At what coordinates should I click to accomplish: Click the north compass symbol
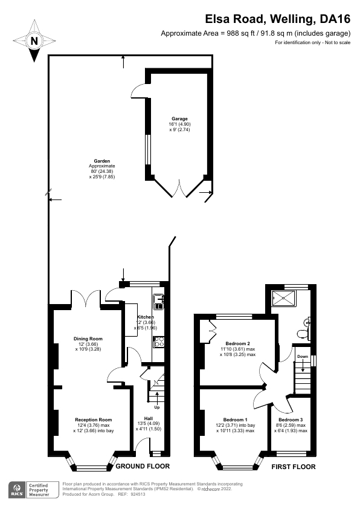(x=35, y=41)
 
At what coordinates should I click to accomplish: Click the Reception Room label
(x=94, y=420)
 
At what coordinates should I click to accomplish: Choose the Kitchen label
(x=145, y=317)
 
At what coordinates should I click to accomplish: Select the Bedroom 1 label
(x=235, y=420)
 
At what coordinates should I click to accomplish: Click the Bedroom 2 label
(x=237, y=343)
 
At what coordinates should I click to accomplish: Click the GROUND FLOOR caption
(x=143, y=466)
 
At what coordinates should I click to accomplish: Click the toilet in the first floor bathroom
(x=304, y=331)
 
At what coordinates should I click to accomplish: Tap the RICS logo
(x=16, y=489)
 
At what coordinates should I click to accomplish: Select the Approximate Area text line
(x=248, y=33)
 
